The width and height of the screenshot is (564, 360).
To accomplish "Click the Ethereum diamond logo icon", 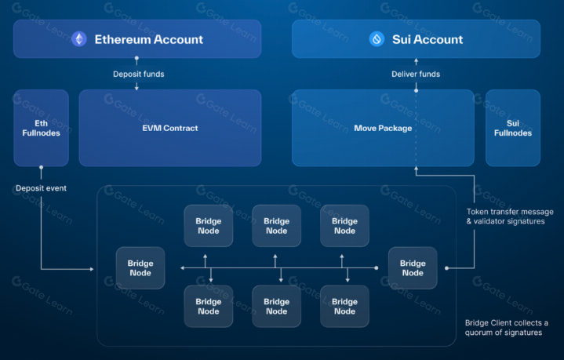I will click(x=79, y=39).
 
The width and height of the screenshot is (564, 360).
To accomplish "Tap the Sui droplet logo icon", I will click(x=377, y=39).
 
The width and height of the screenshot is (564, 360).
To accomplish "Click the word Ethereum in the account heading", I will click(x=122, y=39).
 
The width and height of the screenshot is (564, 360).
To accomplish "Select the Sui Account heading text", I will click(x=428, y=39).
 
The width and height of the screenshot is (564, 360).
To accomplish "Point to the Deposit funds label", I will click(x=137, y=75).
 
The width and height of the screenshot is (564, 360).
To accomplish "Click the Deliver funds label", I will click(x=416, y=75).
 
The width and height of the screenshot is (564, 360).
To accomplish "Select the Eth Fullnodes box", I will click(x=41, y=128).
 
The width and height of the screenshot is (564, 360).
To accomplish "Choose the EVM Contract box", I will click(x=170, y=128).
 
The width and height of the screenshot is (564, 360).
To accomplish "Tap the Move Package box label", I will click(x=383, y=128).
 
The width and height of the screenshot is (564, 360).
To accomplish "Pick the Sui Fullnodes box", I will click(x=513, y=128).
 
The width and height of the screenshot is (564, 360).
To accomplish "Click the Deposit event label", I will click(x=40, y=188).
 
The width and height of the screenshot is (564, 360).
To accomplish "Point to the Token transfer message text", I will click(x=510, y=212).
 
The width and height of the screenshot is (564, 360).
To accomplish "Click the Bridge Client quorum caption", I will click(x=508, y=328).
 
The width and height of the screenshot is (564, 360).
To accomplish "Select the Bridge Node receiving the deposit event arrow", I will click(x=140, y=268).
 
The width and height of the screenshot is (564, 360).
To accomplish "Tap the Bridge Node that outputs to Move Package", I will click(x=413, y=268).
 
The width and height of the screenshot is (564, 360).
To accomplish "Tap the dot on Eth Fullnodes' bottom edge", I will click(x=41, y=166).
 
